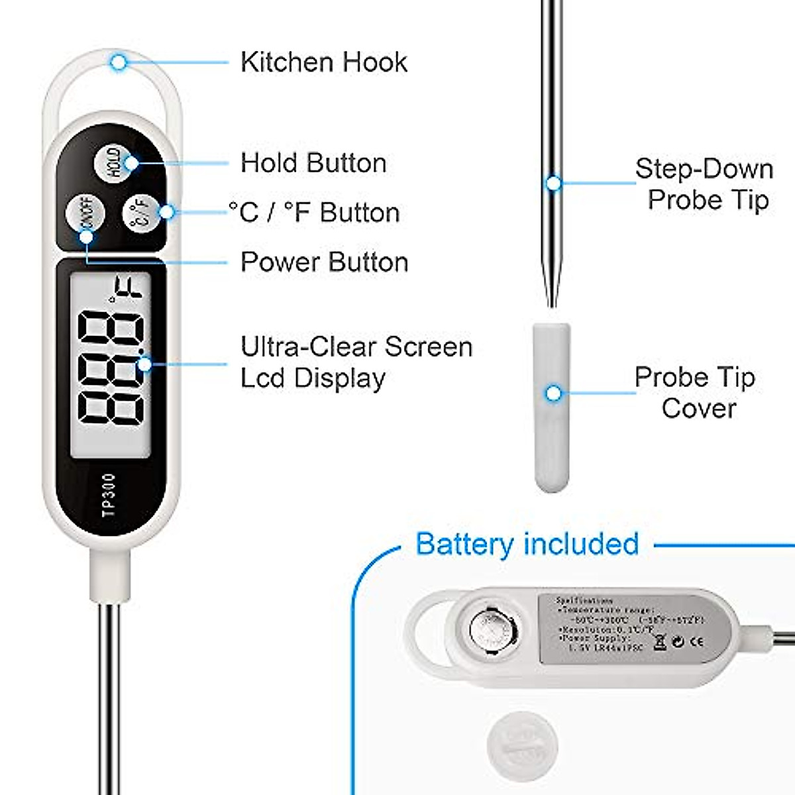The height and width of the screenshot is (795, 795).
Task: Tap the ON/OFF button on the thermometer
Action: click(85, 215)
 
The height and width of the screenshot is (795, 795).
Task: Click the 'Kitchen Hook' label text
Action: click(323, 62)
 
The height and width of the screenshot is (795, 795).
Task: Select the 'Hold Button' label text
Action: click(313, 163)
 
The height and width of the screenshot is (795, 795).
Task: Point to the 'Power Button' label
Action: click(324, 262)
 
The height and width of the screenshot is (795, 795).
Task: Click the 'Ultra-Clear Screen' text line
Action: click(356, 346)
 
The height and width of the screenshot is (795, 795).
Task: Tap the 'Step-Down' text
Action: click(704, 169)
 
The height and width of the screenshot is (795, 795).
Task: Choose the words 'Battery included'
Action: click(527, 544)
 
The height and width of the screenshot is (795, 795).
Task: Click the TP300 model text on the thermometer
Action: click(110, 494)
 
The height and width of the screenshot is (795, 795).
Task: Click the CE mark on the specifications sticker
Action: click(696, 641)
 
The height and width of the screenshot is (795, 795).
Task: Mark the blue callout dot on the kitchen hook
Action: click(119, 63)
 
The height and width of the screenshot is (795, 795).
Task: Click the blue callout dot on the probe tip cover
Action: click(553, 394)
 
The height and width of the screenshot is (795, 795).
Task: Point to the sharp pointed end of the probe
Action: click(552, 305)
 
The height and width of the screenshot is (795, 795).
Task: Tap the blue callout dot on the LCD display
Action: click(144, 364)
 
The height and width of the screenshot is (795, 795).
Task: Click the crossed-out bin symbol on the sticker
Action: click(660, 641)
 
